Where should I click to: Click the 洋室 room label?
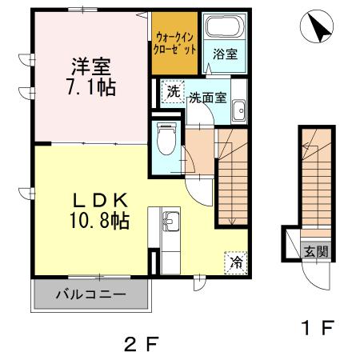89,63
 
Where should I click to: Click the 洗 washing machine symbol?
172,91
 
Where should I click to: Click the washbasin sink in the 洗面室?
238,114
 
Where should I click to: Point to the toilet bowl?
167,142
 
